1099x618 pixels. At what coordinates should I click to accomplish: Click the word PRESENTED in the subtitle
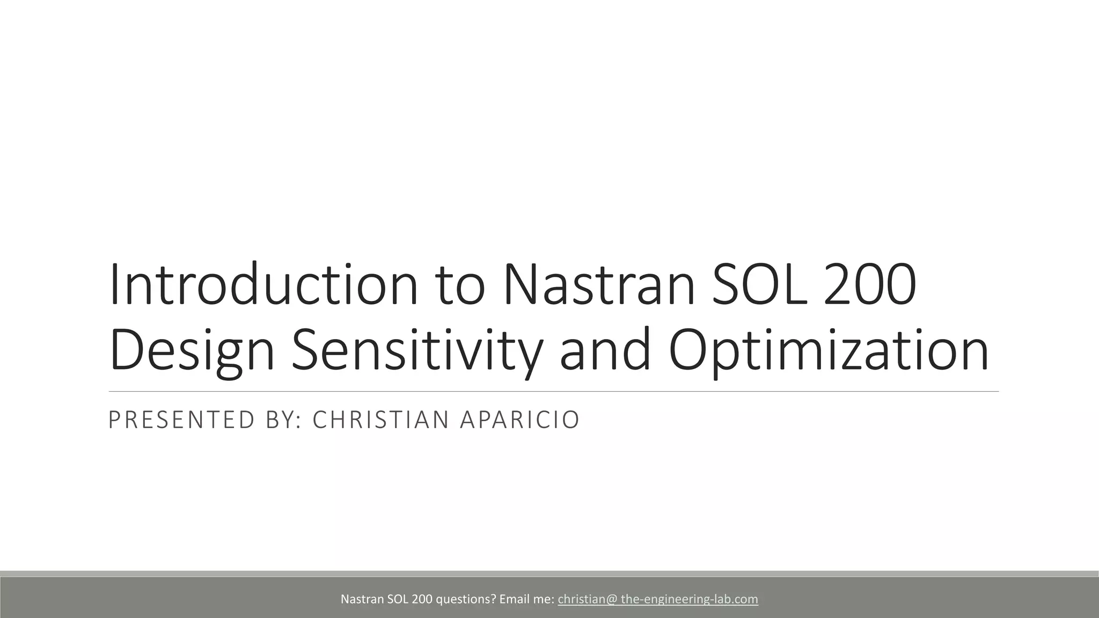tap(181, 420)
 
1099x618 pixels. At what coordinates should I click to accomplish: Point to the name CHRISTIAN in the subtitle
tap(380, 420)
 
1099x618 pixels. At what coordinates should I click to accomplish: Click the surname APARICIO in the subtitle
tap(519, 420)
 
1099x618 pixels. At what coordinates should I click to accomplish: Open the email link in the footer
tap(658, 599)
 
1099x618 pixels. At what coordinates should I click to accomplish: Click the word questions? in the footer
tap(466, 599)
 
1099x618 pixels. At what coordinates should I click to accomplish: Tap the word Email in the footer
tap(514, 599)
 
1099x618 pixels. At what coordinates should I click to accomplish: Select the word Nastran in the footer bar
tap(362, 599)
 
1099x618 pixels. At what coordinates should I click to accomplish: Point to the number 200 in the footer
tap(422, 599)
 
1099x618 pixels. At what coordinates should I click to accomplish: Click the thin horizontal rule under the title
tap(553, 392)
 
